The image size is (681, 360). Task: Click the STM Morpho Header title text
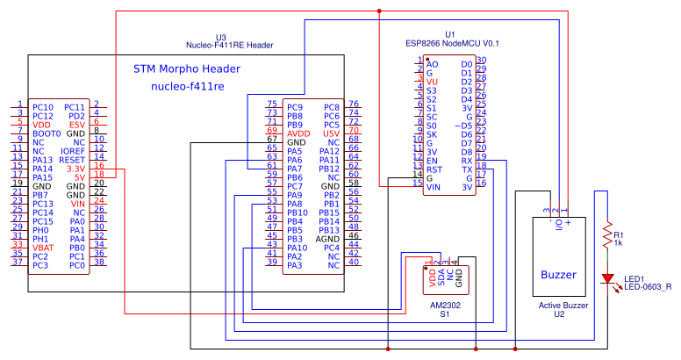pos(186,68)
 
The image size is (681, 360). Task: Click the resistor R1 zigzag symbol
pos(606,235)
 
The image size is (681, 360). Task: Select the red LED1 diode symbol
pos(606,278)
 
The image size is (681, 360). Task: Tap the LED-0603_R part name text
pos(648,286)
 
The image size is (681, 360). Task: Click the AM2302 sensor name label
pos(445,304)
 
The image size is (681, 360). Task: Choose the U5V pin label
pos(331,133)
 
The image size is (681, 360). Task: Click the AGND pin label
pos(328,238)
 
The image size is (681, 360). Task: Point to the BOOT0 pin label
pos(47,133)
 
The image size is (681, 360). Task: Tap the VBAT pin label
pos(46,247)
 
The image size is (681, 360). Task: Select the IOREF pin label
pos(73,150)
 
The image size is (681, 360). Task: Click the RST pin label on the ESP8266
pos(434,169)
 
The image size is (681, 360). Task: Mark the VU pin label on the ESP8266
pos(431,82)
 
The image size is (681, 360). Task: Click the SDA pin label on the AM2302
pos(440,278)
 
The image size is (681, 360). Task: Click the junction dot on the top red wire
pos(378,11)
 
